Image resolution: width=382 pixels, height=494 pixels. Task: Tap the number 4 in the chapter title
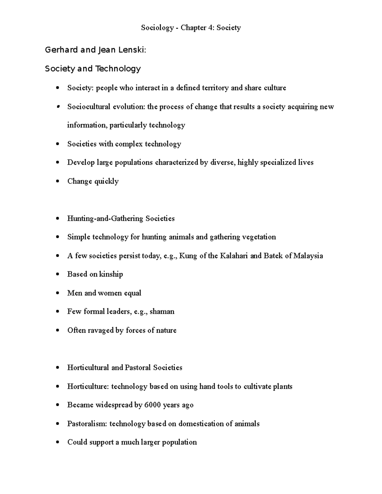(x=211, y=28)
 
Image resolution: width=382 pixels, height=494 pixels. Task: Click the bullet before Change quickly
(x=57, y=181)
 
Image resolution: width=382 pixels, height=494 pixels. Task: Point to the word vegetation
(x=259, y=237)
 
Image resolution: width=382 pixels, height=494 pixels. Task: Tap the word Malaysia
(x=308, y=256)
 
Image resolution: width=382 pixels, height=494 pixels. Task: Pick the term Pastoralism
(x=87, y=424)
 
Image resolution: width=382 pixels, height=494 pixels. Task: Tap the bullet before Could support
(x=57, y=442)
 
